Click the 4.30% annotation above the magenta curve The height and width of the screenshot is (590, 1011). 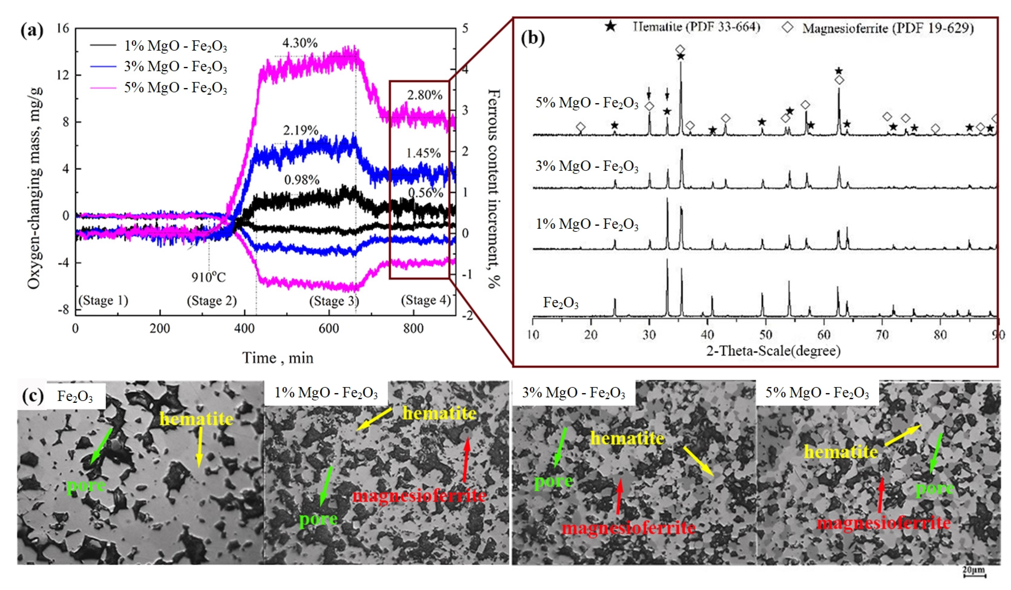point(300,43)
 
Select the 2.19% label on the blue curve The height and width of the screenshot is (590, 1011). point(300,130)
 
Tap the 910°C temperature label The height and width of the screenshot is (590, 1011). point(208,277)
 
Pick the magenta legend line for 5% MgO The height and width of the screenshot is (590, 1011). point(103,87)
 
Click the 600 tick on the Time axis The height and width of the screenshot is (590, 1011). point(329,328)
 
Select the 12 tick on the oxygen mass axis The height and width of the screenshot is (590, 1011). point(63,75)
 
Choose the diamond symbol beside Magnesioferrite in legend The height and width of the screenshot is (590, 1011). point(788,27)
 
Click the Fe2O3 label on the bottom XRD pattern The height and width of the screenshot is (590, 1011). point(561,303)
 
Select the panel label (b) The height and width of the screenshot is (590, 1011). point(532,39)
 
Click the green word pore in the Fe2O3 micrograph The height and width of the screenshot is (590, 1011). point(86,486)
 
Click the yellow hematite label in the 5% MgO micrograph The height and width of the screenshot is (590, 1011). point(841,452)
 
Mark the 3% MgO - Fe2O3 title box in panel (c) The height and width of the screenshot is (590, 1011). point(573,393)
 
